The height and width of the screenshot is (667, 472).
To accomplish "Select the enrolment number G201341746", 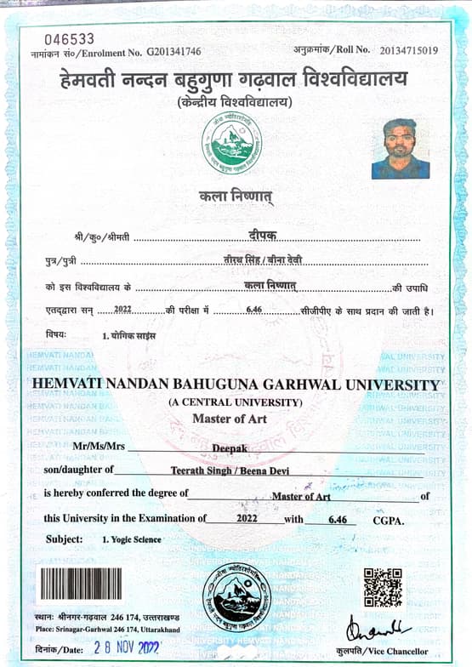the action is [173, 52].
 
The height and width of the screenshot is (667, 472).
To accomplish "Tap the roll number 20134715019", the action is [409, 51].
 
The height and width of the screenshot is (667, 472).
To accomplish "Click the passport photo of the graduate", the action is [401, 148].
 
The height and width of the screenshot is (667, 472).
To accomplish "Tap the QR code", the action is [382, 588].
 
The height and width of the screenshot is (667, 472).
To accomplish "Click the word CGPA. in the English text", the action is [387, 519].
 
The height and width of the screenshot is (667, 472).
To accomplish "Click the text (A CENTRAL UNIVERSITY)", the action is [235, 402].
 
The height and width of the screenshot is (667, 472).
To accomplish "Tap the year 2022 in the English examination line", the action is [247, 518].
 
